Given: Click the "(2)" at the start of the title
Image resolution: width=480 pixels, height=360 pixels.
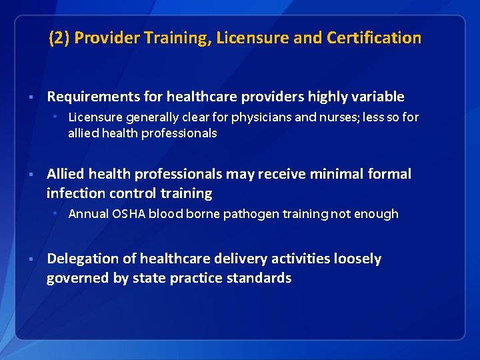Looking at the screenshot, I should [x=59, y=38].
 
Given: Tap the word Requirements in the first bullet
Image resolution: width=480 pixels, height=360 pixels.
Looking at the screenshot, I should [x=87, y=97].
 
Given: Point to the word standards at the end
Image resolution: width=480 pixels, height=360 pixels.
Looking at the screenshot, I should [x=259, y=278].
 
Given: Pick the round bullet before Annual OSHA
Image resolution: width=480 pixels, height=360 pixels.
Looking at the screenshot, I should [x=59, y=214].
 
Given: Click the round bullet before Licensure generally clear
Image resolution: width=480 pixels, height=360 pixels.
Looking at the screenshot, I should [x=59, y=117].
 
